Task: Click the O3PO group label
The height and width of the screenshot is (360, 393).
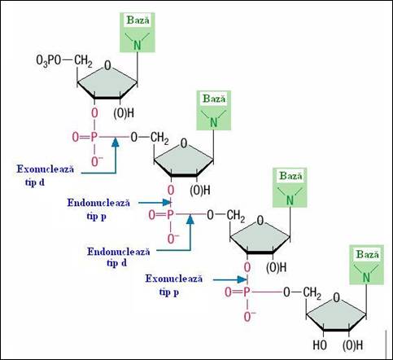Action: coord(49,61)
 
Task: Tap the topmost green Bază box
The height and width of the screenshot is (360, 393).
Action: coord(138,33)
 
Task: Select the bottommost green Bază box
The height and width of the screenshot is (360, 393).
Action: coord(366,265)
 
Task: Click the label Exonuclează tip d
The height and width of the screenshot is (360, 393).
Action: coord(45,176)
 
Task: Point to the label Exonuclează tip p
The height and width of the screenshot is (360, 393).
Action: coord(174,285)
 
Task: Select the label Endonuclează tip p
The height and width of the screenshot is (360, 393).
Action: coord(98,209)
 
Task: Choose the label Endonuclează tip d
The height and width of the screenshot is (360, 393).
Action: coord(119,257)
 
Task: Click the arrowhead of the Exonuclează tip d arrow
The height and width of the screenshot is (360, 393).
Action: coord(116,143)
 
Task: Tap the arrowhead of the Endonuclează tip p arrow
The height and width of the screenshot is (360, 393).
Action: coord(167,202)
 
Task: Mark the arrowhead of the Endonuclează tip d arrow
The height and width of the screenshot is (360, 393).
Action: coord(190,219)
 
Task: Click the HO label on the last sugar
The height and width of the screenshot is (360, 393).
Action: coord(320,345)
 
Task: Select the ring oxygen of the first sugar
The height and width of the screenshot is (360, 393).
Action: coord(107,66)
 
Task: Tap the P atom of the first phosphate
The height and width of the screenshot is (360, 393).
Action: coord(94,138)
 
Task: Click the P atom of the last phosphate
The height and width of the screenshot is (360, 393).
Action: coord(247,292)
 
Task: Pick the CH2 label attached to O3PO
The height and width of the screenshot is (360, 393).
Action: coord(83,61)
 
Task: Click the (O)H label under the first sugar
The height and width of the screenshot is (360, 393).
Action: coord(124,113)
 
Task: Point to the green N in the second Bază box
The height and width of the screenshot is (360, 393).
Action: coord(214,123)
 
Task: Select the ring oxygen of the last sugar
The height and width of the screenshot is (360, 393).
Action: coord(336,298)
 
